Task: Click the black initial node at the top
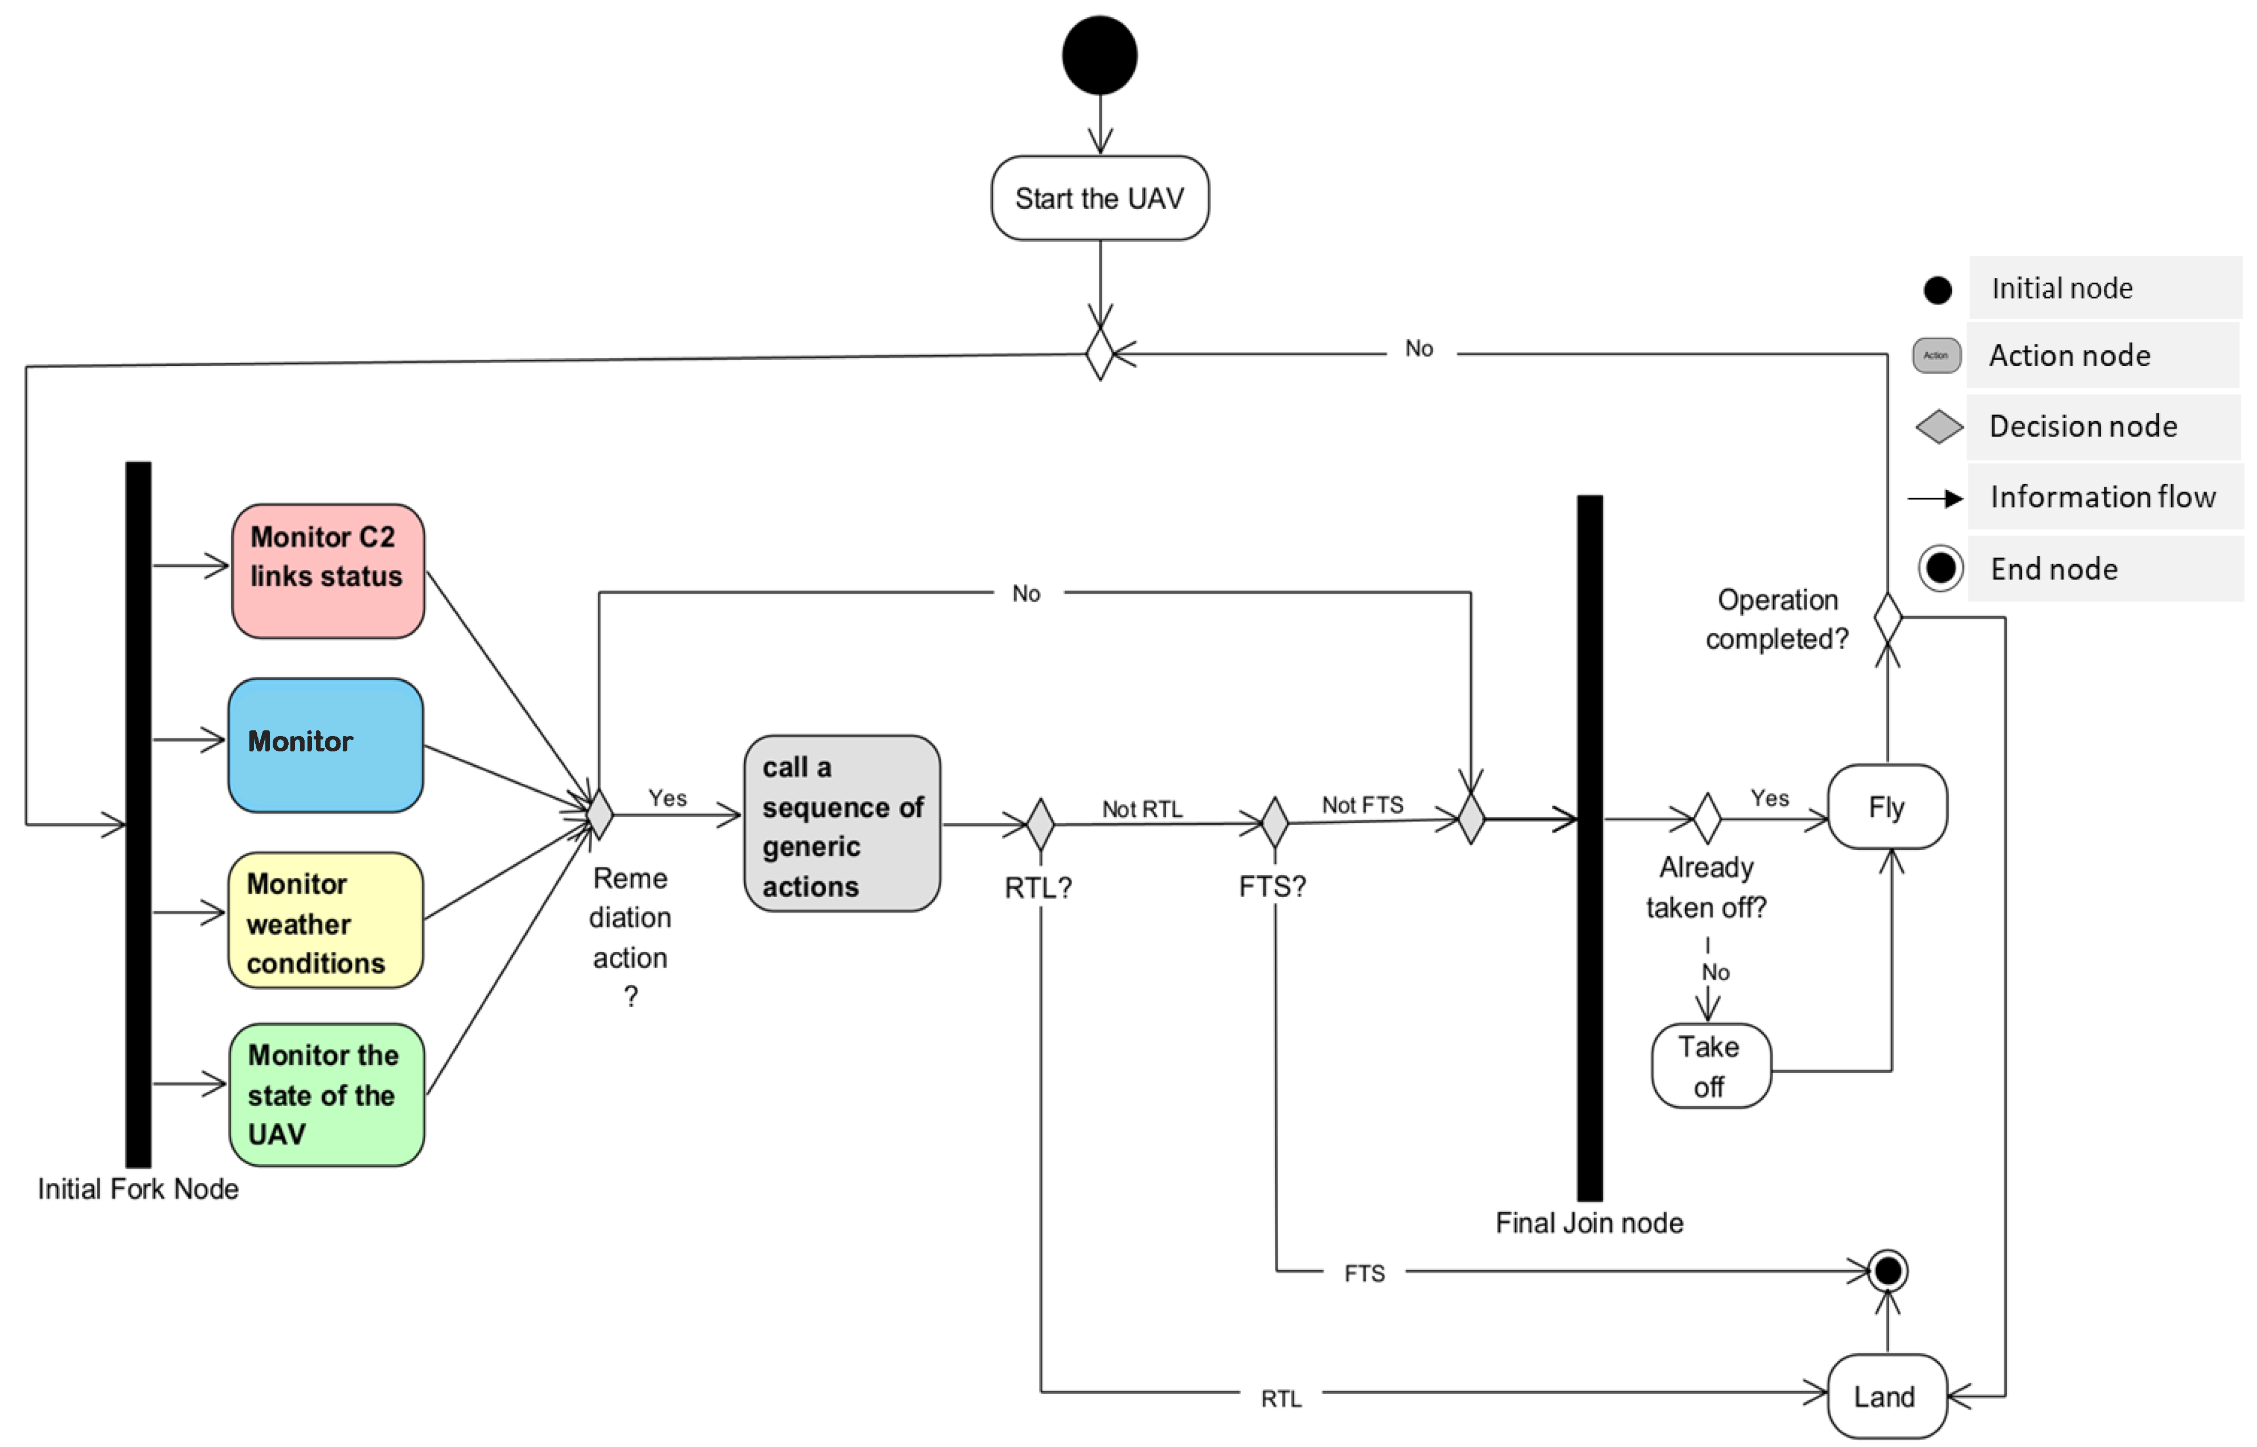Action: pos(1099,55)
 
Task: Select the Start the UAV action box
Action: pos(1099,198)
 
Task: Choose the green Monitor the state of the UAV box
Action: pos(326,1095)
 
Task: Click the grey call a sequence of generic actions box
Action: pos(842,823)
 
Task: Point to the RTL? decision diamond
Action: pos(1040,824)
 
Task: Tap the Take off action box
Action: pos(1711,1066)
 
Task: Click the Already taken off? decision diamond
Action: pos(1708,819)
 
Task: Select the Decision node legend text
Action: pos(2082,426)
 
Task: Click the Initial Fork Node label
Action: pos(138,1189)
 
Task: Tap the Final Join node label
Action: pos(1589,1222)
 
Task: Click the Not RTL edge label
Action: pos(1142,809)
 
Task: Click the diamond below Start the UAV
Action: pos(1099,354)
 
